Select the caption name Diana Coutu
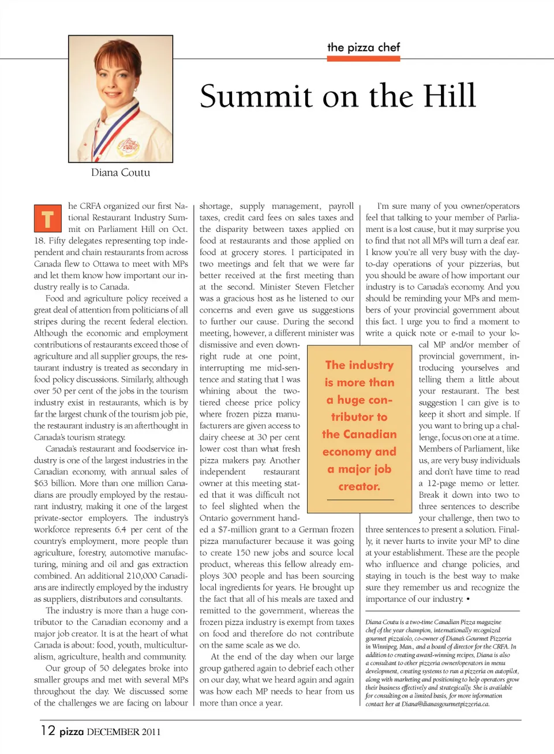(x=121, y=172)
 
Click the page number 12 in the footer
(x=48, y=730)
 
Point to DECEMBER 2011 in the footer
(x=123, y=732)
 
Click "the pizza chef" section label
(x=364, y=47)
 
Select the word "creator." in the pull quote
(x=359, y=486)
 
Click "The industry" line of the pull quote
(x=359, y=365)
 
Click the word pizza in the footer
(x=72, y=732)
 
